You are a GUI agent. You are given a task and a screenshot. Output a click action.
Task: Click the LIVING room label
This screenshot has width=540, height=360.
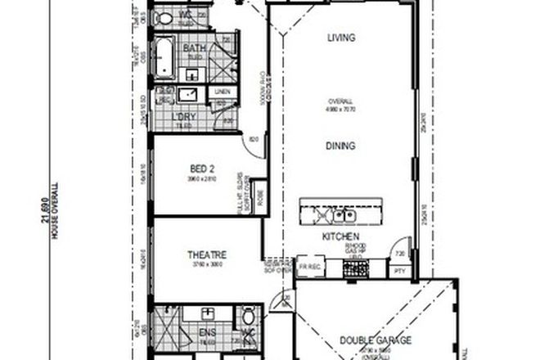click(x=339, y=37)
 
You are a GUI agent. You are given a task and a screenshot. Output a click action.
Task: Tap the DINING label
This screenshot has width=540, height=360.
click(x=339, y=147)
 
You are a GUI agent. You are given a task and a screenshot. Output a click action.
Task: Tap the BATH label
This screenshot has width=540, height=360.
click(x=194, y=48)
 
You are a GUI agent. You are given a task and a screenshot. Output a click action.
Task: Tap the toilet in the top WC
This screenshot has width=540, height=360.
click(x=164, y=18)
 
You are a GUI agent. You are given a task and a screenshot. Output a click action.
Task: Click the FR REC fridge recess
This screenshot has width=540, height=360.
click(x=308, y=266)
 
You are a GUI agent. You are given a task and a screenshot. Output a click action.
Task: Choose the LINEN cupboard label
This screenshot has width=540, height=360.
click(x=222, y=92)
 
